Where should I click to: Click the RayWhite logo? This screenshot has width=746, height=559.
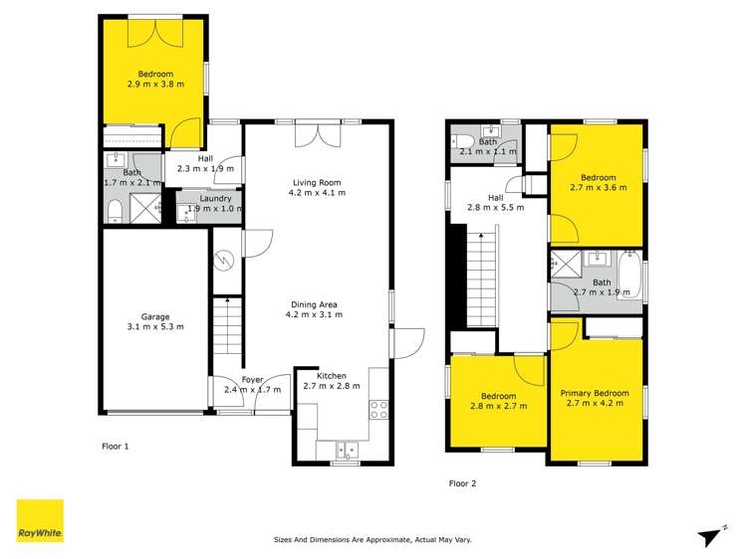pyautogui.click(x=40, y=520)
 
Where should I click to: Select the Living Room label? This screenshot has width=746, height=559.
pyautogui.click(x=318, y=187)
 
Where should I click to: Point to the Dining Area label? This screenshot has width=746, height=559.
pyautogui.click(x=314, y=309)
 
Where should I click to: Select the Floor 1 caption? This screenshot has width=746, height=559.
pyautogui.click(x=116, y=447)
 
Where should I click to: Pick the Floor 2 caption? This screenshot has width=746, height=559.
pyautogui.click(x=462, y=483)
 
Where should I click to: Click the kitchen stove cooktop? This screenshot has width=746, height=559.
pyautogui.click(x=378, y=408)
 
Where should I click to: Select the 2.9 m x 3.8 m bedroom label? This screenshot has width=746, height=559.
pyautogui.click(x=155, y=80)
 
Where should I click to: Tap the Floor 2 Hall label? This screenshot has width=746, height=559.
pyautogui.click(x=495, y=202)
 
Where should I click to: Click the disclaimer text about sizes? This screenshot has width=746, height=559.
pyautogui.click(x=373, y=540)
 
